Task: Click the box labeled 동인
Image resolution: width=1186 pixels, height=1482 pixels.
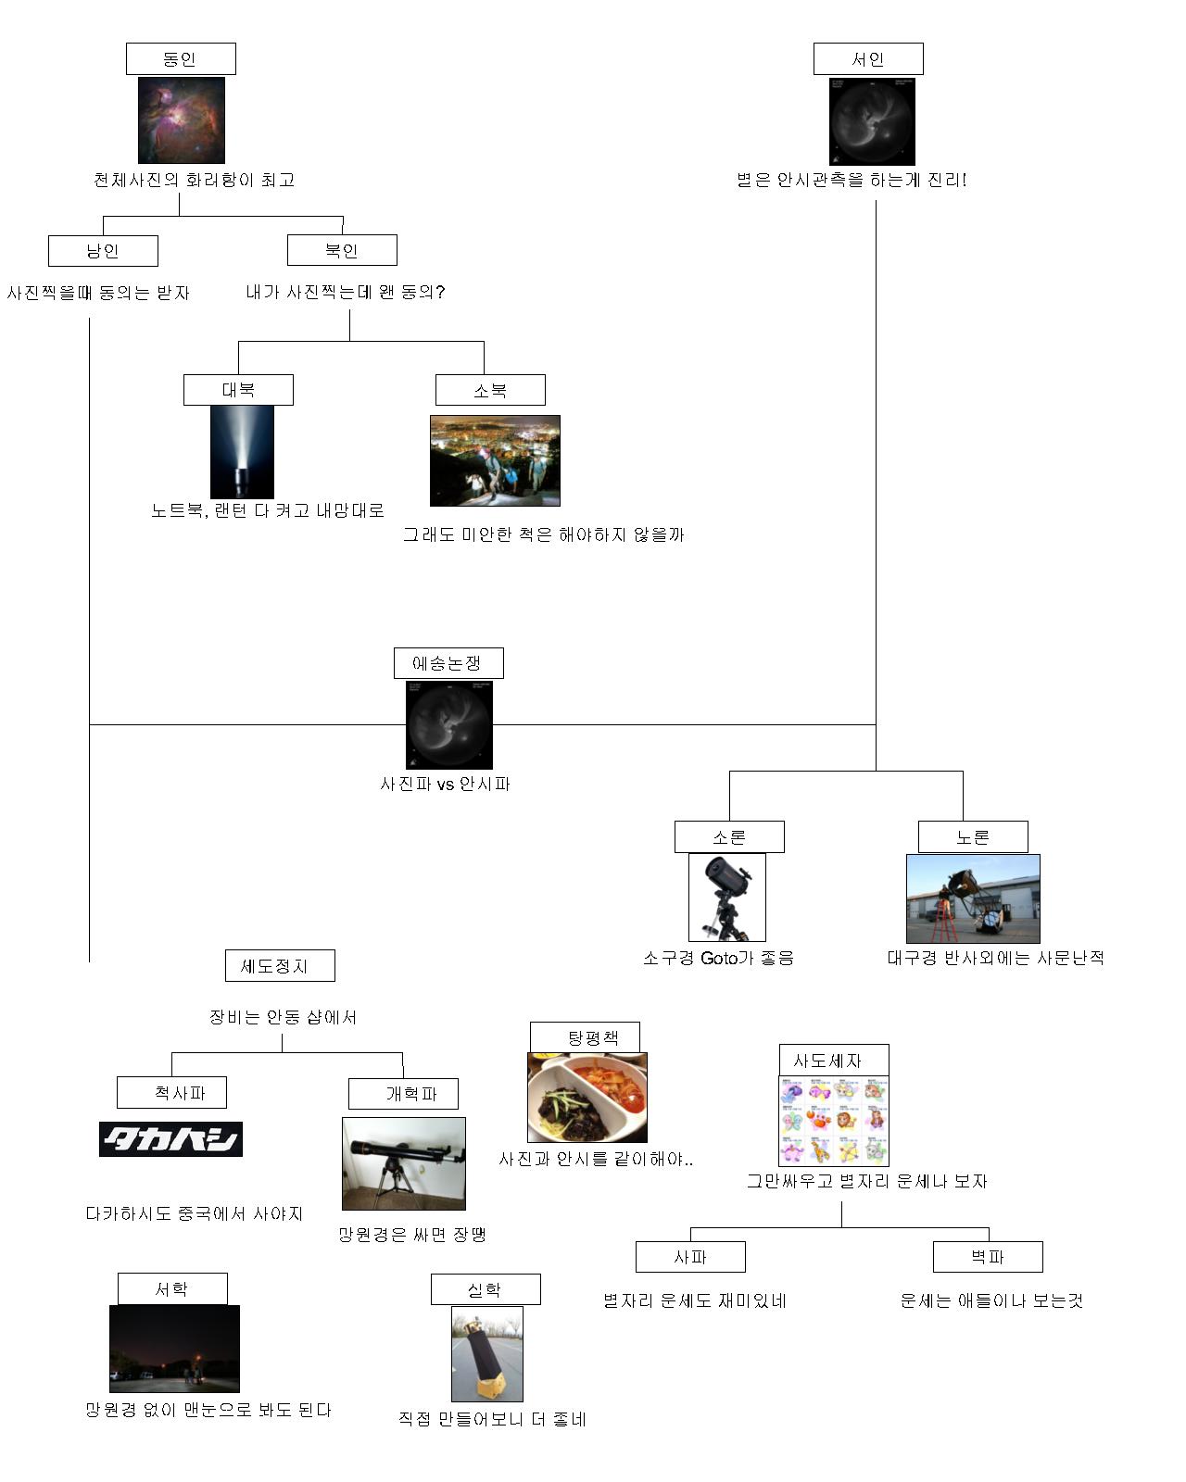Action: point(181,59)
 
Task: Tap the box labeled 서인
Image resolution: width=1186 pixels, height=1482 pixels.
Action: point(868,59)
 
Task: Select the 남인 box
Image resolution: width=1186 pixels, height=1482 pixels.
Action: point(103,251)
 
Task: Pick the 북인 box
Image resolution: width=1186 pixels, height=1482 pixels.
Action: point(342,250)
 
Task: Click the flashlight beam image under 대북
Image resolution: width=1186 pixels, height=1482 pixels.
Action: point(242,452)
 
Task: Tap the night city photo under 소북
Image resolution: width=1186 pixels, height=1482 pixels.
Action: point(495,460)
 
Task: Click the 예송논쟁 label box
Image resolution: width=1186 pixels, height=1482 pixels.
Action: point(448,663)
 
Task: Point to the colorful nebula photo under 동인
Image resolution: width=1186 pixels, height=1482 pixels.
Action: point(182,120)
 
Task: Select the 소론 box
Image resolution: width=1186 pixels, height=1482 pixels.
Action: point(729,837)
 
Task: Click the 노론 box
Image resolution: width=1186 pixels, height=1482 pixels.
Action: point(973,837)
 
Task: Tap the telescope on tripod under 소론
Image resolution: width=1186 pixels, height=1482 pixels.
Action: point(727,898)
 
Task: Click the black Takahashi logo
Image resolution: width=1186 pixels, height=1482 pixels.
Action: point(170,1139)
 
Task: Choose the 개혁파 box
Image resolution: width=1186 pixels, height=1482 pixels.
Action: point(403,1094)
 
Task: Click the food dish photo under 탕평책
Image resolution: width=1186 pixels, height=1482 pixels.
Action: point(587,1098)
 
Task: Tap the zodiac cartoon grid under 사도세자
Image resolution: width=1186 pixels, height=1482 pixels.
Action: point(834,1120)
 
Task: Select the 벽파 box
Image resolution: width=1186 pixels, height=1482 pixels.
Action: point(988,1257)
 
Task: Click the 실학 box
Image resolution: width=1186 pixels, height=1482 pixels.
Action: point(486,1289)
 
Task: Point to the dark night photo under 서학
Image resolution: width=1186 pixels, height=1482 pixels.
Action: point(174,1349)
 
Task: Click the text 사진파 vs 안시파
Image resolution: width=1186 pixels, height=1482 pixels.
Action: point(446,785)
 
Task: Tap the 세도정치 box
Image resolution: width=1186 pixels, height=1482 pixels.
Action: point(280,966)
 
